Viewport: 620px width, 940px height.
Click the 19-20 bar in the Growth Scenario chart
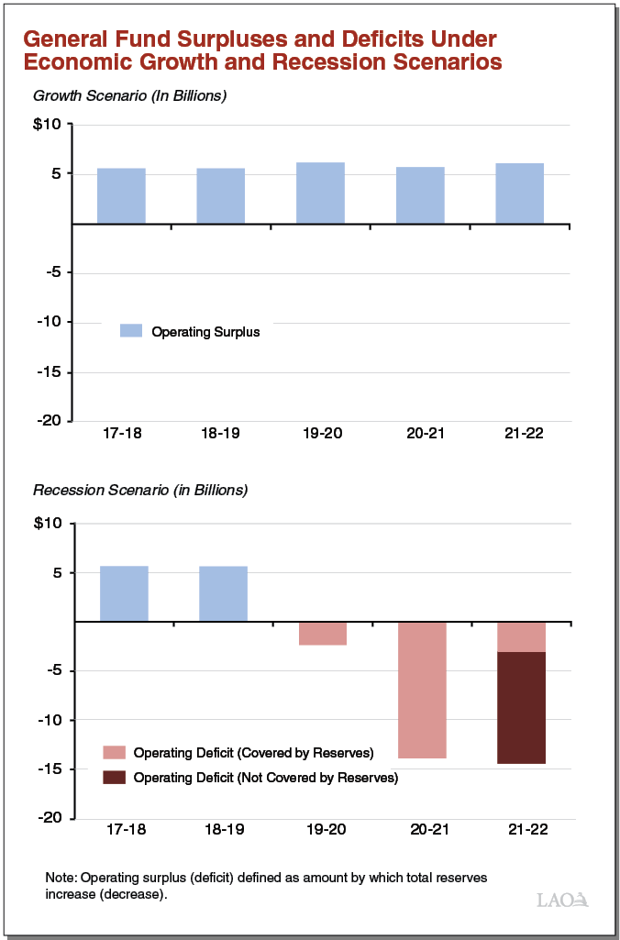click(x=320, y=193)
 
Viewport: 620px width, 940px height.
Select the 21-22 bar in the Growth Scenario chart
click(x=520, y=194)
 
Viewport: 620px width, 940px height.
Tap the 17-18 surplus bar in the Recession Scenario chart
click(x=124, y=593)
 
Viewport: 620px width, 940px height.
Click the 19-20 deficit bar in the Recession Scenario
click(x=323, y=634)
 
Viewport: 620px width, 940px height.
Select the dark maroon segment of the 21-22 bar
click(x=521, y=707)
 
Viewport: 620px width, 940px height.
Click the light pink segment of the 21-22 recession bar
click(x=521, y=636)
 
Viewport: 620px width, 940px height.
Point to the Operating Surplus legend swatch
click(x=131, y=331)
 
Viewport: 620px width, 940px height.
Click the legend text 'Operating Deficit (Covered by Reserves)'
click(x=253, y=753)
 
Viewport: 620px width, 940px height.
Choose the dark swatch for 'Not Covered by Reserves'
click(x=113, y=777)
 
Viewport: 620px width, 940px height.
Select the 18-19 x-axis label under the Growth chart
click(x=220, y=434)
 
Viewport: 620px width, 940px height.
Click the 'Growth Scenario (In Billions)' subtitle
click(x=129, y=95)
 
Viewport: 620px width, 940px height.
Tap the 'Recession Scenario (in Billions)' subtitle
click(x=140, y=490)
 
